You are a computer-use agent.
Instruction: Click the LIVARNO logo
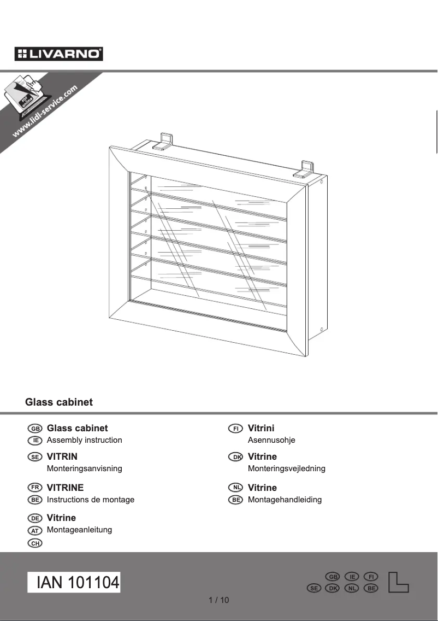pos(59,54)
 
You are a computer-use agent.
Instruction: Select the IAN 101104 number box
pos(74,583)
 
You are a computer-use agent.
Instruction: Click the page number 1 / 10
pos(219,600)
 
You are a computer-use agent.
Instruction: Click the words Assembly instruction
pos(85,440)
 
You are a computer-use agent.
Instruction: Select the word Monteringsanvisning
pos(85,468)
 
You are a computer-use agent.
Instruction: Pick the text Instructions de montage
pos(91,500)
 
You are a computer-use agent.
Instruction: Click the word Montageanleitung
pos(80,530)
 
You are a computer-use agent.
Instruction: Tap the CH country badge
pos(35,543)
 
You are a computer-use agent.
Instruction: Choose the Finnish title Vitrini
pos(261,428)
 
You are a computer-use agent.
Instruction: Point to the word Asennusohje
pos(271,440)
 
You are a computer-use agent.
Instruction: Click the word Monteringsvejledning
pos(287,468)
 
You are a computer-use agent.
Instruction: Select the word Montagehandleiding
pos(285,500)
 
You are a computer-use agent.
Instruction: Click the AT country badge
pos(35,530)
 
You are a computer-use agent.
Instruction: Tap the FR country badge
pos(35,488)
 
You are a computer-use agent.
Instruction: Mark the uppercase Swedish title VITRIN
pos(62,456)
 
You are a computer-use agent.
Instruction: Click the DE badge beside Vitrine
pos(35,518)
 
